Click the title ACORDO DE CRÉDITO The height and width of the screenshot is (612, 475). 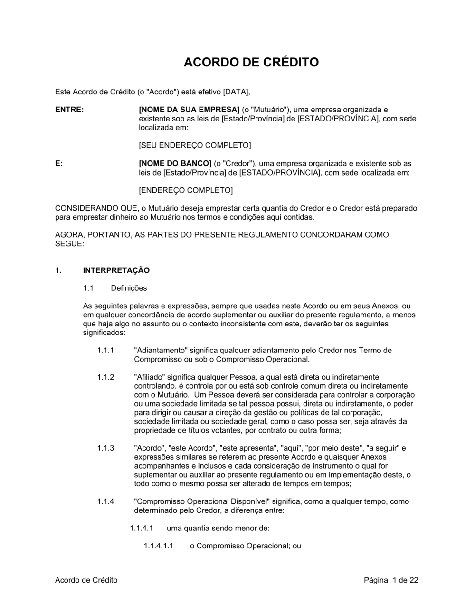251,62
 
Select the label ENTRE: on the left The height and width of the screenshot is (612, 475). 69,110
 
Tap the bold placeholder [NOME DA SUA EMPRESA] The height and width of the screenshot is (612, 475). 189,110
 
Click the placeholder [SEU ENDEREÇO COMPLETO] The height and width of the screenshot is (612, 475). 195,145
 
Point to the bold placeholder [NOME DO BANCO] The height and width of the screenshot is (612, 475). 175,164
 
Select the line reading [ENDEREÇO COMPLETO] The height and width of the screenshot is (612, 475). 186,190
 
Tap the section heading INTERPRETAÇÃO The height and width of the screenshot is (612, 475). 116,270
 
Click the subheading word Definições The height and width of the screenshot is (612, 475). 129,288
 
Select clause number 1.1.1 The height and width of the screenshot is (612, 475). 105,351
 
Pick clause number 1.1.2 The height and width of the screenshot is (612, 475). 105,377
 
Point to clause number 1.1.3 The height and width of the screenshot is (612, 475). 105,448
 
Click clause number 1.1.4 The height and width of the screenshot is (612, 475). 105,501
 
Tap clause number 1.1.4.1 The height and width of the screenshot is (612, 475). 141,528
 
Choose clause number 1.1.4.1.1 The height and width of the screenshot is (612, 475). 158,546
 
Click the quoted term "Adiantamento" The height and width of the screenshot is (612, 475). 161,351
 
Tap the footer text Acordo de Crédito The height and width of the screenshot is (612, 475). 86,580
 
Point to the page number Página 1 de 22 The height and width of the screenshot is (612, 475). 391,580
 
